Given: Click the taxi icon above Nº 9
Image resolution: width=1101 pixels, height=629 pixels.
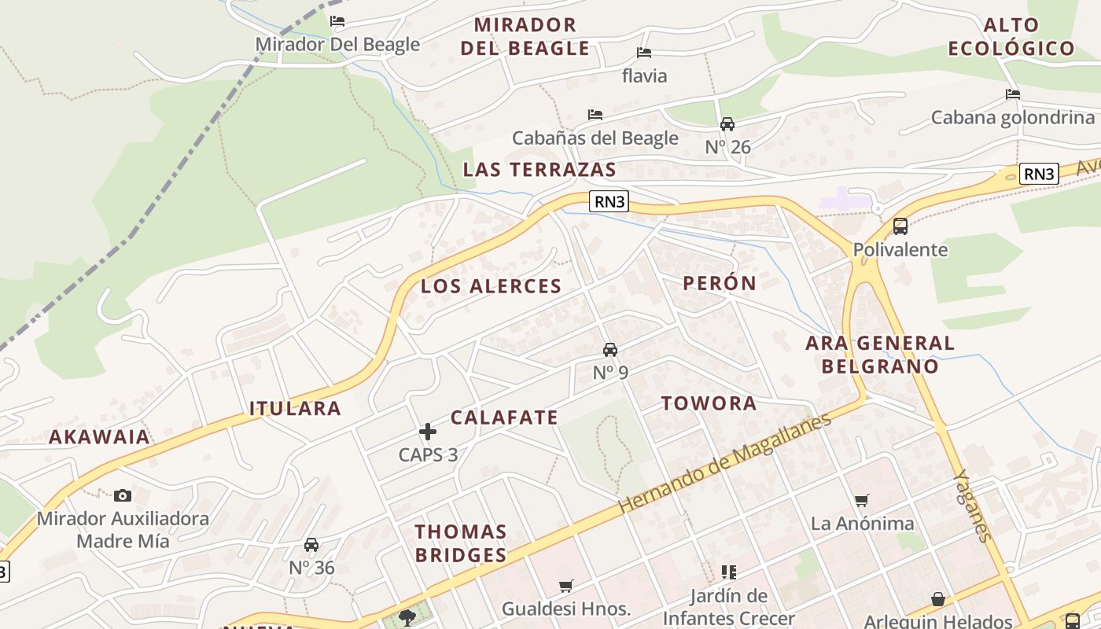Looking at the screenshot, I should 609,350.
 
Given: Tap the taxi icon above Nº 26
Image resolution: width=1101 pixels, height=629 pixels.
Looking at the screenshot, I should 727,124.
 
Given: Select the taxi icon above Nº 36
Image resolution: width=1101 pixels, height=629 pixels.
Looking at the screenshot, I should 311,545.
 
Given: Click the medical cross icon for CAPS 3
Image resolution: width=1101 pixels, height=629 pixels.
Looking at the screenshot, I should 428,431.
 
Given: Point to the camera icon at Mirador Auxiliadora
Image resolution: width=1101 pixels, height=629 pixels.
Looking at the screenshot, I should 123,495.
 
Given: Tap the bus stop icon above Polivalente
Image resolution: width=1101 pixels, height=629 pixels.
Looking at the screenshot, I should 900,226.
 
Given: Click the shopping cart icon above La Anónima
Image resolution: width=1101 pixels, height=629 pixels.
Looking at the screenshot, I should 862,500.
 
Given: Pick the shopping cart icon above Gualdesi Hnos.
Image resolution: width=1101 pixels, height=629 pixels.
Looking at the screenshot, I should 565,586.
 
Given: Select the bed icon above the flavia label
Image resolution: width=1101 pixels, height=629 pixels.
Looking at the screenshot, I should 644,53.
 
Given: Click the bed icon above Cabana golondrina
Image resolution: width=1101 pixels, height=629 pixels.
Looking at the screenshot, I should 1013,94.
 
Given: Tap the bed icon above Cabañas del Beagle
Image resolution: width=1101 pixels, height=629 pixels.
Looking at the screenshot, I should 595,115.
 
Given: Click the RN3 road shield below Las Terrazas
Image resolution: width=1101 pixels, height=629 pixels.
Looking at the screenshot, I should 609,201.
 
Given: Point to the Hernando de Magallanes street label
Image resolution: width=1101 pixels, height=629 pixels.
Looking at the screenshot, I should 724,464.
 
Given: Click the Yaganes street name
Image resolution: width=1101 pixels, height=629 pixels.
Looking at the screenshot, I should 972,506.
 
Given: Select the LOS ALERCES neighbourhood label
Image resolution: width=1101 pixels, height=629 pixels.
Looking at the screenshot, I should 492,286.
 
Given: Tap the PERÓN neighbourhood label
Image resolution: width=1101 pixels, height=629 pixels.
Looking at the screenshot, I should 720,283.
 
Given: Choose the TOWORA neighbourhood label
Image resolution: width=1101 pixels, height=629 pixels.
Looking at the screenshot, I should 709,403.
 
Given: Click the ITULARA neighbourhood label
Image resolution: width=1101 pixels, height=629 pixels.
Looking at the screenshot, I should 295,408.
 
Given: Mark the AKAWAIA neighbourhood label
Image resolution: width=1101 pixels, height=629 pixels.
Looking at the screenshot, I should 99,437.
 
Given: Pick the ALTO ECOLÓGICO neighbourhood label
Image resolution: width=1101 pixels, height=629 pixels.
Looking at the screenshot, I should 1011,36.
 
